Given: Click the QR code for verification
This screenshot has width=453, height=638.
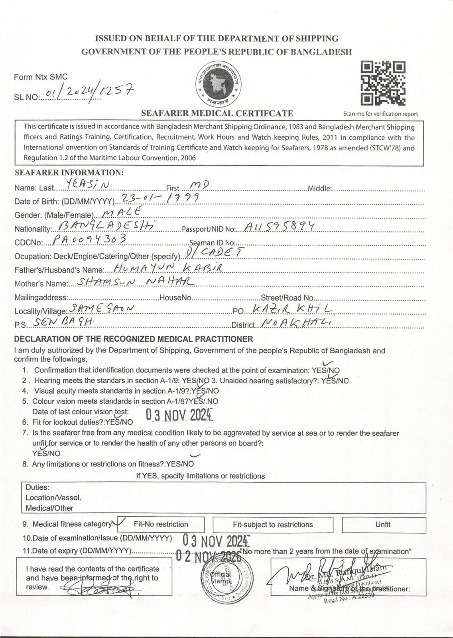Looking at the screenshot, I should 383,83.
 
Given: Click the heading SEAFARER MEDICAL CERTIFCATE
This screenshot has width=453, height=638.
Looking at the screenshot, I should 217,113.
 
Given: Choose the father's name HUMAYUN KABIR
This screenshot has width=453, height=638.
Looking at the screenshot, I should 167,268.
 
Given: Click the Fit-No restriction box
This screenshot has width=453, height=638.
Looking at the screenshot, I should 161,524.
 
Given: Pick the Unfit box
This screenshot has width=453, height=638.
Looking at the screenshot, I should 382,524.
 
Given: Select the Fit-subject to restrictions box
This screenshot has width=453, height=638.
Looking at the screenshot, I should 273,524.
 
